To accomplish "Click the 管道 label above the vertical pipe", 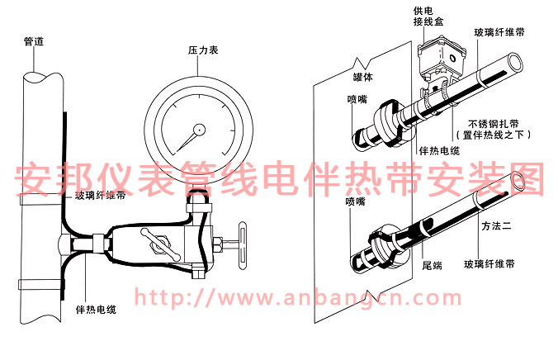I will tap(34, 40).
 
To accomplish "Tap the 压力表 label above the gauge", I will tap(202, 51).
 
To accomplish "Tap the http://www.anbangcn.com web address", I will tap(297, 297).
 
